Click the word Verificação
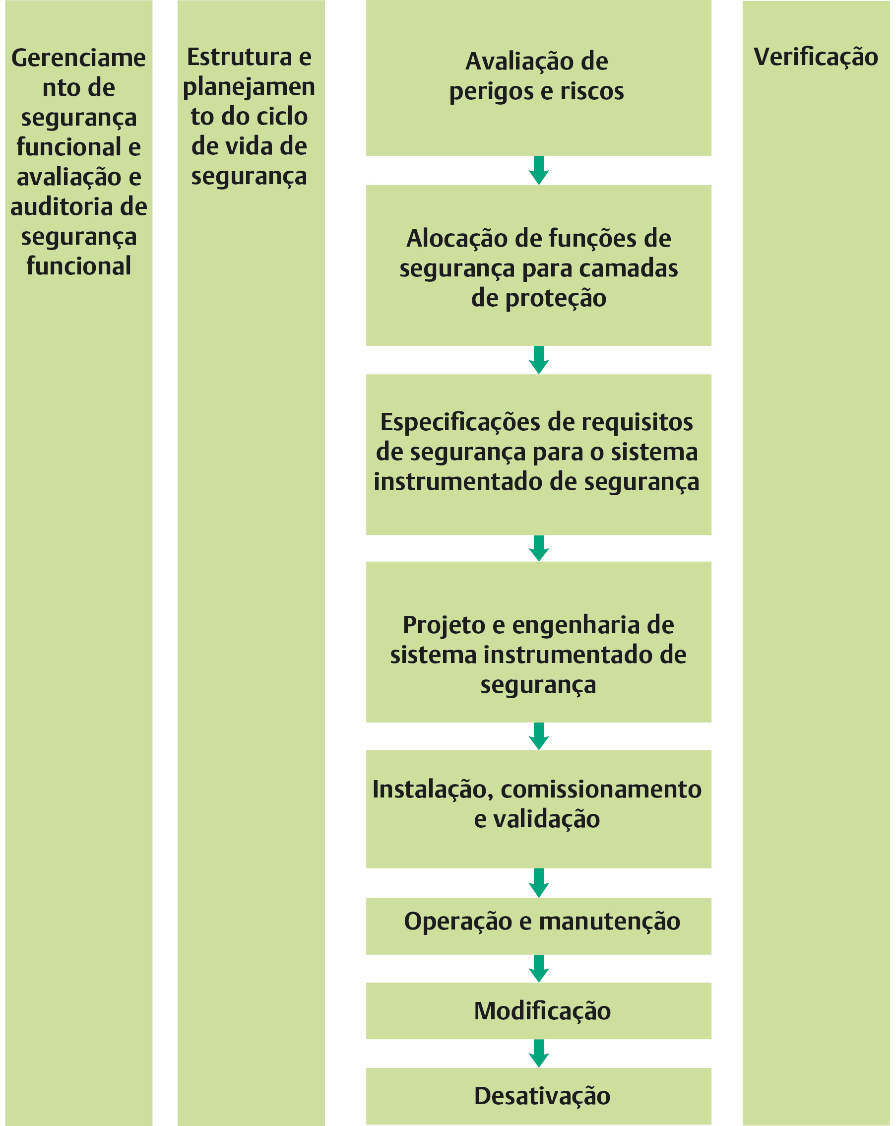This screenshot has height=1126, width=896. [x=816, y=58]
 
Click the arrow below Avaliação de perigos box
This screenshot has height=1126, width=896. [x=538, y=170]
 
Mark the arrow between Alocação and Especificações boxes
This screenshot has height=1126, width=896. [x=538, y=360]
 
